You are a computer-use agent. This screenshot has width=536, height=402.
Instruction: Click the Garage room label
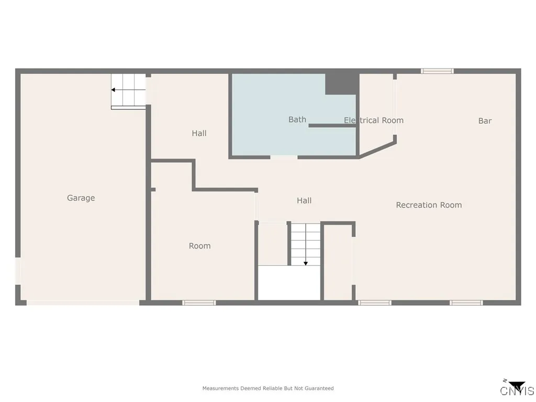click(81, 198)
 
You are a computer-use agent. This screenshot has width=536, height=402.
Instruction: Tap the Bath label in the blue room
click(297, 120)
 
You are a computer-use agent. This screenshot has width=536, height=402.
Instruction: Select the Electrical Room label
click(373, 120)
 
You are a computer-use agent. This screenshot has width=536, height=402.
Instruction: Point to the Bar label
click(485, 121)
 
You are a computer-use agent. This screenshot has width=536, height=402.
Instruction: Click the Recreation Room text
click(429, 205)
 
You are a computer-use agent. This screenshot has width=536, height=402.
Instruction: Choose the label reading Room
click(199, 246)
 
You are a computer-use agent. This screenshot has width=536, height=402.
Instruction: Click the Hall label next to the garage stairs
click(199, 133)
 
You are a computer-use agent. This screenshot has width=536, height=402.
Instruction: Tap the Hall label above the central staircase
click(304, 200)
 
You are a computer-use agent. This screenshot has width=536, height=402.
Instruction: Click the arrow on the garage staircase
click(114, 90)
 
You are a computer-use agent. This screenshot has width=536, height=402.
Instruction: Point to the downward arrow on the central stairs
click(306, 263)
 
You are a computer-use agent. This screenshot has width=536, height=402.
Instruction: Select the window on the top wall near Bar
click(437, 71)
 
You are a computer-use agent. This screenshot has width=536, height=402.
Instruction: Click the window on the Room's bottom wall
click(199, 303)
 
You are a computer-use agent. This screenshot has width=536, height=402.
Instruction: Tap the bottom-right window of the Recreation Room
click(466, 303)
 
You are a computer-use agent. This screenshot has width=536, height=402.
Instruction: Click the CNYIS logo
click(517, 389)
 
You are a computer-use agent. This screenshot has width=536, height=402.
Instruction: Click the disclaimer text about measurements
click(267, 388)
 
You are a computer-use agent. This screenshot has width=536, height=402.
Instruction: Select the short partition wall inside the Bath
click(332, 126)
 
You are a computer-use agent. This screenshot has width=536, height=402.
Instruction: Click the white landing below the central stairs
click(289, 283)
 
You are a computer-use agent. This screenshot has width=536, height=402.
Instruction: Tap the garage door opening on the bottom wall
click(83, 303)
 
